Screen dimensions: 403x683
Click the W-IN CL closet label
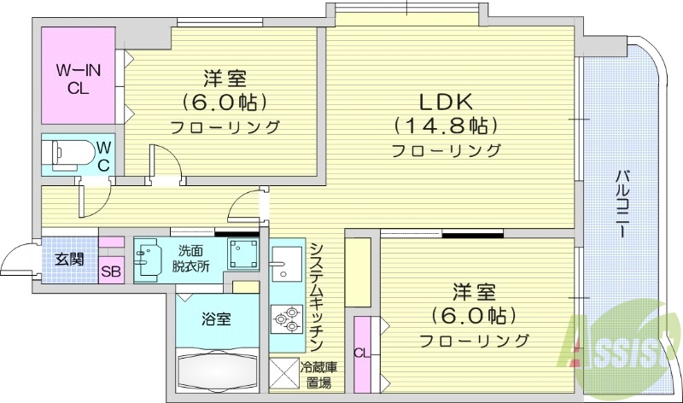click(79, 77)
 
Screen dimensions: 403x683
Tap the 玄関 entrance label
click(69, 260)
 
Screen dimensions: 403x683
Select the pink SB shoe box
click(110, 272)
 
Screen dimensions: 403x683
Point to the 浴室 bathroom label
click(215, 319)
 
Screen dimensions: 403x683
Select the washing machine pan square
click(245, 254)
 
